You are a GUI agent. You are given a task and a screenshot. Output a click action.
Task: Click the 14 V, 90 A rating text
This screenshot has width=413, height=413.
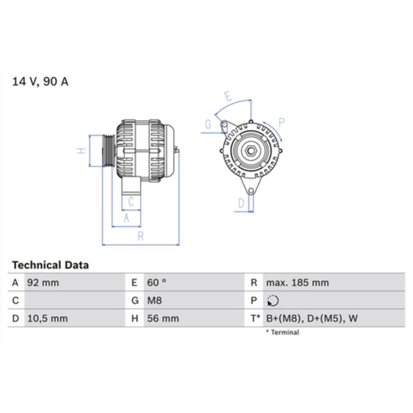(40, 82)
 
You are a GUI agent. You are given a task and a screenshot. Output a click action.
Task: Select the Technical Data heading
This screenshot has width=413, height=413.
(50, 265)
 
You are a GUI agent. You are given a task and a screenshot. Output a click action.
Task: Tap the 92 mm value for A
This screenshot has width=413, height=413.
(43, 283)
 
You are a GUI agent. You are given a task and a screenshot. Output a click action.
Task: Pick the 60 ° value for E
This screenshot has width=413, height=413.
(157, 283)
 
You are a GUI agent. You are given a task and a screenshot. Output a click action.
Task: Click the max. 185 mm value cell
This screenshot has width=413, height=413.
(297, 283)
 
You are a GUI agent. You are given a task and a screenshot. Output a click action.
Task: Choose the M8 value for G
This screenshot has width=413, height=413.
(154, 301)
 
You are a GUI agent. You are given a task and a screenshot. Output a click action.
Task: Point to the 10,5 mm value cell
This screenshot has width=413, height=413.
(47, 318)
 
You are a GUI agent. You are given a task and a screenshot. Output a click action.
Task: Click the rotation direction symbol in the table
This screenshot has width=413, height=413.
(273, 301)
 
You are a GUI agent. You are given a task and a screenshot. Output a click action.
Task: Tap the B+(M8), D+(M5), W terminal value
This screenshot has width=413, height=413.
(312, 318)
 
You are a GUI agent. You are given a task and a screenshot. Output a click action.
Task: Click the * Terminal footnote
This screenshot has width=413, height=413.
(282, 332)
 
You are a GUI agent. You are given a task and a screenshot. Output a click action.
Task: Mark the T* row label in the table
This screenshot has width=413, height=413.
(255, 318)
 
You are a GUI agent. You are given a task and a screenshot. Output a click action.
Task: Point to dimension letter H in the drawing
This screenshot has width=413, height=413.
(82, 151)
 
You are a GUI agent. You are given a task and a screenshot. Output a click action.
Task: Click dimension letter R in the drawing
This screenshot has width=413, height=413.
(140, 236)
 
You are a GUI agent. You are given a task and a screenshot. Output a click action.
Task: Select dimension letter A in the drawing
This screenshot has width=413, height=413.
(126, 218)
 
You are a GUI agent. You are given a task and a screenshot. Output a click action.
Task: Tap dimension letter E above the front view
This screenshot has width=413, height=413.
(228, 97)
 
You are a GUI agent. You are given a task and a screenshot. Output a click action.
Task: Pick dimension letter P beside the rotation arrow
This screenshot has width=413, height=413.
(281, 122)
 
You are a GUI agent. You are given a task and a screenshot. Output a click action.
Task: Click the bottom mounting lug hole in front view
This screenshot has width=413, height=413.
(251, 190)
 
